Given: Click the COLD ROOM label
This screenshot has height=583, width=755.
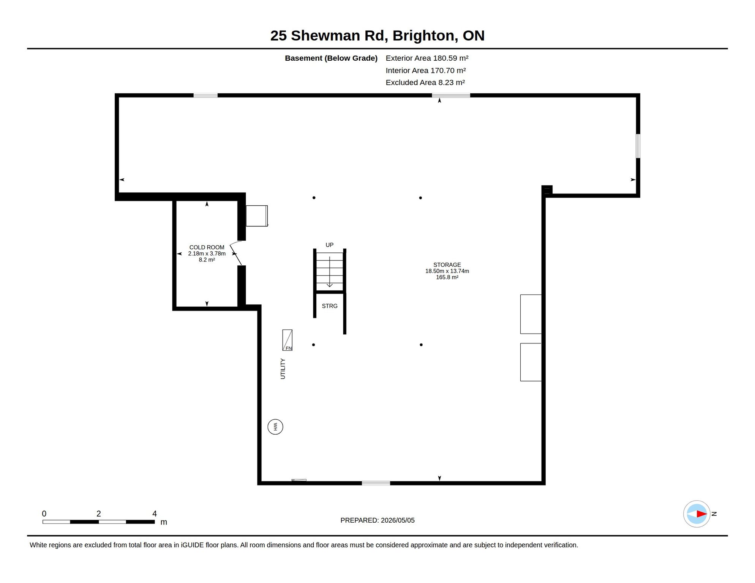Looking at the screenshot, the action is (x=207, y=247).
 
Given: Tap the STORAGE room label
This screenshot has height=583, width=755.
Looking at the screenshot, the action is (x=447, y=265).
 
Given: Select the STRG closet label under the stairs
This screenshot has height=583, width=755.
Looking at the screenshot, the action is (x=330, y=306).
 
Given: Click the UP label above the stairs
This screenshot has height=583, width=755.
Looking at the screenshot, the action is (x=330, y=245).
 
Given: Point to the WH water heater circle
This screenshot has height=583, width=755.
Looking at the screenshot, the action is (x=275, y=427).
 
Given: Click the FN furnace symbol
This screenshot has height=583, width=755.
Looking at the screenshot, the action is (x=287, y=340).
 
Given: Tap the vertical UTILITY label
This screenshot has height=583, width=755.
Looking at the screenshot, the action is (x=283, y=369).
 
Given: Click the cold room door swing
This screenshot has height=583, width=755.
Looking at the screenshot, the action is (x=235, y=253).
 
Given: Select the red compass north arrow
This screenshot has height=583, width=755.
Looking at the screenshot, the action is (x=701, y=514).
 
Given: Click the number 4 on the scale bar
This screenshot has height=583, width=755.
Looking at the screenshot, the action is (x=155, y=514).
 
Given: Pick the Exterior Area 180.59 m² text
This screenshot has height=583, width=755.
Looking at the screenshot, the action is (x=427, y=58).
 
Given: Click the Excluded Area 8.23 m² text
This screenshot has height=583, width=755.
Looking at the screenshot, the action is (x=425, y=82).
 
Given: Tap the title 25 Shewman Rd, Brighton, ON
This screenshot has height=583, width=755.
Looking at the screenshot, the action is (x=377, y=36).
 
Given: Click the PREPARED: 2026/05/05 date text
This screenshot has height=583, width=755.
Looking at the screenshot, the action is (x=377, y=520).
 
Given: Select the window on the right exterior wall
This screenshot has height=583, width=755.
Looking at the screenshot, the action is (x=638, y=146).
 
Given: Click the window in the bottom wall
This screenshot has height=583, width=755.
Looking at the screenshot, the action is (x=376, y=483).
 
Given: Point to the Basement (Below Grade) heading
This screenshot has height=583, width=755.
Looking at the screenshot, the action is (x=331, y=58).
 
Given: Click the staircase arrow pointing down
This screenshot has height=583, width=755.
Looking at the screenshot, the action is (x=330, y=272).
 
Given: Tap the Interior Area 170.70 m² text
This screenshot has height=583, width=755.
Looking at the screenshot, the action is (x=426, y=70).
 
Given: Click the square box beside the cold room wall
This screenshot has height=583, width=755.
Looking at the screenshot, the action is (x=257, y=216).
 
